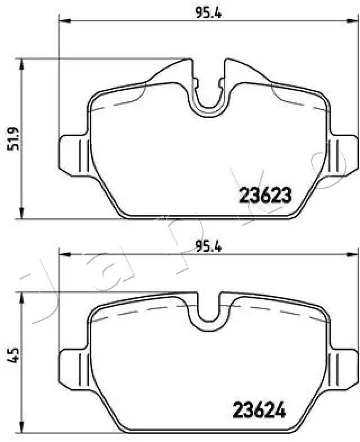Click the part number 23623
pos(265,195)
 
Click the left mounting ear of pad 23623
pos(72,154)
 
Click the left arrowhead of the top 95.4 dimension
pos(64,21)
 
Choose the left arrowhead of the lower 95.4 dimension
pos(64,255)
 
